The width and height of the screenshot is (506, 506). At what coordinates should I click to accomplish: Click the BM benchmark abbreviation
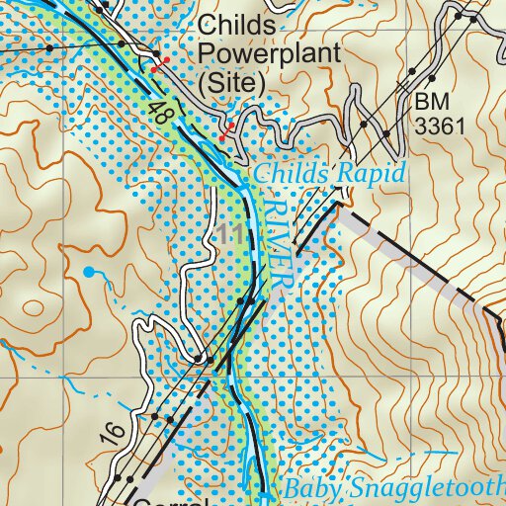click(x=432, y=101)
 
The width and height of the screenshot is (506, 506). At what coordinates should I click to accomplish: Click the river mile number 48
click(x=160, y=114)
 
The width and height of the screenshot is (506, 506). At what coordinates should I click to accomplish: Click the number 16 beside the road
click(x=109, y=433)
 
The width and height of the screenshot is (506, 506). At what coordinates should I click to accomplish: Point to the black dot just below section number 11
click(x=239, y=299)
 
